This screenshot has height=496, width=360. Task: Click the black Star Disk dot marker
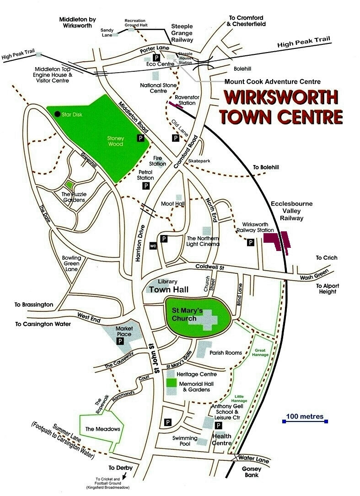tap(57, 113)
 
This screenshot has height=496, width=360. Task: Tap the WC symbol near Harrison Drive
tap(153, 246)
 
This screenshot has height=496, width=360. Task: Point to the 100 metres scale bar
tap(305, 421)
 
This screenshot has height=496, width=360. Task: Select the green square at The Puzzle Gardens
tap(69, 185)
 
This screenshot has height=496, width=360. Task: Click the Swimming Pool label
tap(185, 441)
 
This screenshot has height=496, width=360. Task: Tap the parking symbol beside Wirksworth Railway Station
tap(251, 243)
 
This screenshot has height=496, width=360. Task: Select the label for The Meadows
tap(102, 429)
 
